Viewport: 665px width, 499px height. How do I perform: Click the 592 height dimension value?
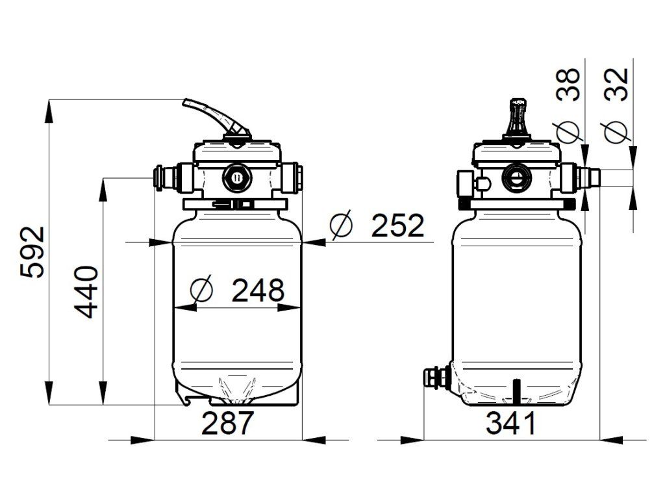coord(32,252)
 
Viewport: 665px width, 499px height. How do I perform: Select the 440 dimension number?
coord(86,292)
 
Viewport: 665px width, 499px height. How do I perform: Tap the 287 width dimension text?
coord(227,423)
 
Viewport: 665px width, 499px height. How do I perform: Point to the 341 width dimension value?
coord(511,423)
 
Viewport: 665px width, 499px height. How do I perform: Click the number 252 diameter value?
coord(397,225)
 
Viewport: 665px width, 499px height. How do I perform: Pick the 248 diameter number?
coord(258,290)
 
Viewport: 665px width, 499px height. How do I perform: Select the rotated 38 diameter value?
coord(568,84)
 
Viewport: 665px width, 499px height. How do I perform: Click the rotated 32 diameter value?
coord(616,84)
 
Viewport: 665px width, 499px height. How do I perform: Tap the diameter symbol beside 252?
coord(342,225)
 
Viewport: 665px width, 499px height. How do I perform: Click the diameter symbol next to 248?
coord(201,290)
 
